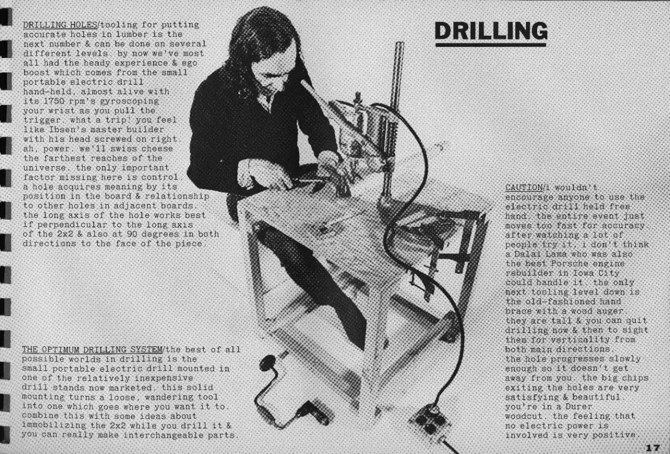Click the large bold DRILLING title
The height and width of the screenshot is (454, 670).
(x=491, y=31)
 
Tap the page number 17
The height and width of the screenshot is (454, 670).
(x=653, y=447)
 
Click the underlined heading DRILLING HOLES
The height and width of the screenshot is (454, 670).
(x=60, y=25)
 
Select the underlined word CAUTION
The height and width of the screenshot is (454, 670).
(x=524, y=187)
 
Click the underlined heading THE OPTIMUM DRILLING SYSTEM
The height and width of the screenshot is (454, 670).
(x=93, y=349)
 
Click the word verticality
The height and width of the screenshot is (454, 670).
(x=580, y=340)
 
